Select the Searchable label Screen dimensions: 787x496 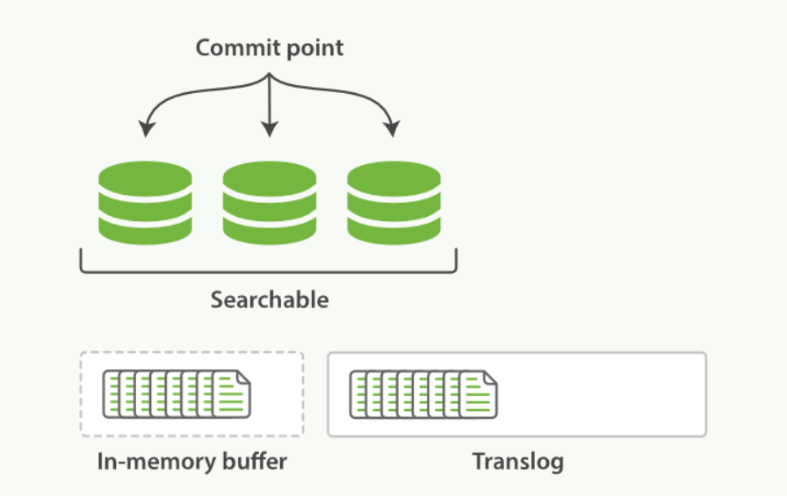(x=270, y=300)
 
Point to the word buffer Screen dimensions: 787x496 (x=255, y=462)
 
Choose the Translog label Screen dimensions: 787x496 (x=518, y=462)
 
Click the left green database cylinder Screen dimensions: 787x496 (x=145, y=203)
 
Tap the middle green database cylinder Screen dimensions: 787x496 (x=270, y=203)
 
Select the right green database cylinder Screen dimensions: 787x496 (x=394, y=203)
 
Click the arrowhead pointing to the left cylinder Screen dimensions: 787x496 (x=146, y=128)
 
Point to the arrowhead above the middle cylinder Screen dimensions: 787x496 (x=270, y=129)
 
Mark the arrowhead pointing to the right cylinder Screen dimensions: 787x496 (x=392, y=128)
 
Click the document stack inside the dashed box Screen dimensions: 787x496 (x=177, y=394)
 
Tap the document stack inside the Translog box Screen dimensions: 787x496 (x=423, y=394)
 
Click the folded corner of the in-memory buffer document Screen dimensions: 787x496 (x=243, y=377)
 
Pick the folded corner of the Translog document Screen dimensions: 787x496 (x=490, y=377)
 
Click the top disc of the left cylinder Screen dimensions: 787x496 (x=145, y=178)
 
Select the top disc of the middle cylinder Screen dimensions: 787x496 (x=270, y=178)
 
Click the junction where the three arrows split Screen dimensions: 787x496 (x=270, y=75)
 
